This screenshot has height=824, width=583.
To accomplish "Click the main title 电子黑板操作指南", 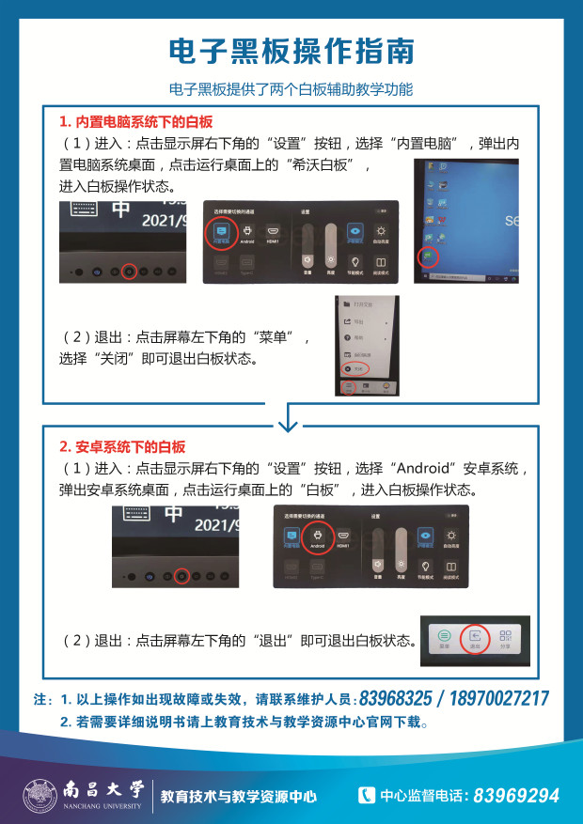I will point(291,51).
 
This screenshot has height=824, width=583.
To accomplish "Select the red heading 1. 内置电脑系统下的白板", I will point(136,122).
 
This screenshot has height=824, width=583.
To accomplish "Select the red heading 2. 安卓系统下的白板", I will point(122,446).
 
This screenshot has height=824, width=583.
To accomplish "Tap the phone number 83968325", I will point(395,699).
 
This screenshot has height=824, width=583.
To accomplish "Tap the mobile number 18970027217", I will point(498,699).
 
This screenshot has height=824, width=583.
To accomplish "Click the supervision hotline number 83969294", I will point(516,796).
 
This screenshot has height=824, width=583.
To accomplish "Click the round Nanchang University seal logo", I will point(39,796).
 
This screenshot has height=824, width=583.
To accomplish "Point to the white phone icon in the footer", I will point(367,795).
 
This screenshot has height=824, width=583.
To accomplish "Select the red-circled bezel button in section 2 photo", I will point(182,574).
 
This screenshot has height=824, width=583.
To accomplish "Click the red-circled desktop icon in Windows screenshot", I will point(428,255).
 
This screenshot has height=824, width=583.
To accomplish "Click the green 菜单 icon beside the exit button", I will point(445,639).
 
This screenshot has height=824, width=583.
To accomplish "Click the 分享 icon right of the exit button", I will point(506,639).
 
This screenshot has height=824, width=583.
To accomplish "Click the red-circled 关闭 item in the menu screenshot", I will point(351,369).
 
